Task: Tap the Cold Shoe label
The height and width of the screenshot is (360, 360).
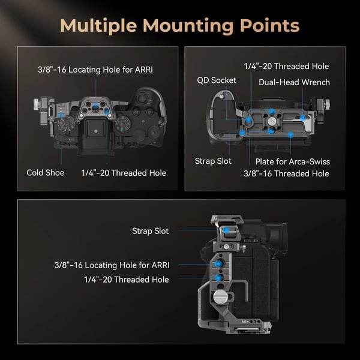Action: click(46, 173)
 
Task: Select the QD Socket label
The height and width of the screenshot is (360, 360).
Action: click(217, 80)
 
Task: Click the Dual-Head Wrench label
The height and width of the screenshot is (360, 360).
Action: click(294, 82)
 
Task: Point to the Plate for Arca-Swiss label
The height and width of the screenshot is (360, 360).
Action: click(293, 161)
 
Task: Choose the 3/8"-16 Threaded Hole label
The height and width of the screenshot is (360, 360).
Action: click(286, 173)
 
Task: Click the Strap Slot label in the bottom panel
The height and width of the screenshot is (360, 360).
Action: click(151, 231)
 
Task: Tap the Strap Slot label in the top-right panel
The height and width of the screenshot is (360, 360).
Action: click(213, 161)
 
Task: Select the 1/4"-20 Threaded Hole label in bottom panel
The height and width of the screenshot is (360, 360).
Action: click(127, 280)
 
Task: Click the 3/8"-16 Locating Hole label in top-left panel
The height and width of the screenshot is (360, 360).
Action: click(95, 70)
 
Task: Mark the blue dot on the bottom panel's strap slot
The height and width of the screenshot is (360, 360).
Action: click(227, 230)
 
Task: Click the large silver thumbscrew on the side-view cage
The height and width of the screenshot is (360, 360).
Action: click(220, 296)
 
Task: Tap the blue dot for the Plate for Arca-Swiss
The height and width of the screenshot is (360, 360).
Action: click(290, 134)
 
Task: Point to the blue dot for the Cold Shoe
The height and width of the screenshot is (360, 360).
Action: click(61, 115)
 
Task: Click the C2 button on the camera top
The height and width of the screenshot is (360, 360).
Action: click(136, 112)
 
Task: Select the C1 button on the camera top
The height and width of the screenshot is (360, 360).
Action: click(149, 112)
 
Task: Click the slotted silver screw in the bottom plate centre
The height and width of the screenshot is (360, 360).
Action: click(272, 121)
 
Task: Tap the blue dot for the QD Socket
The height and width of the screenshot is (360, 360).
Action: click(248, 120)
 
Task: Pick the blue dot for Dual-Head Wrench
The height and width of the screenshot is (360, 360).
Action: click(303, 118)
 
